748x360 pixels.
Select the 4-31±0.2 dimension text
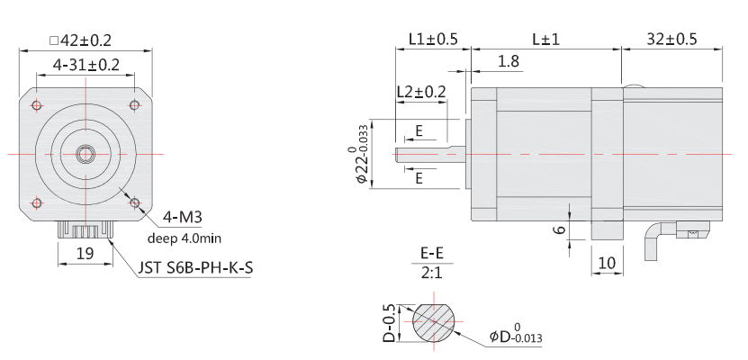pyautogui.click(x=86, y=65)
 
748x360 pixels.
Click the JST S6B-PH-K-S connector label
pyautogui.click(x=194, y=267)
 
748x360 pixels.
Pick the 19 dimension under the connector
pyautogui.click(x=85, y=254)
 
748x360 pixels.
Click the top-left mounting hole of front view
pyautogui.click(x=37, y=106)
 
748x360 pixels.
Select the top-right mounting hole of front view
pyautogui.click(x=134, y=106)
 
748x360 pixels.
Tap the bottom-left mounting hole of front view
pyautogui.click(x=37, y=202)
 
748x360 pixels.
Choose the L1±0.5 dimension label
pyautogui.click(x=433, y=40)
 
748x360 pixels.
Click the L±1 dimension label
pyautogui.click(x=545, y=40)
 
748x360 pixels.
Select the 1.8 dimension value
pyautogui.click(x=508, y=61)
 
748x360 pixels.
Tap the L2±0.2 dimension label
pyautogui.click(x=420, y=92)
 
